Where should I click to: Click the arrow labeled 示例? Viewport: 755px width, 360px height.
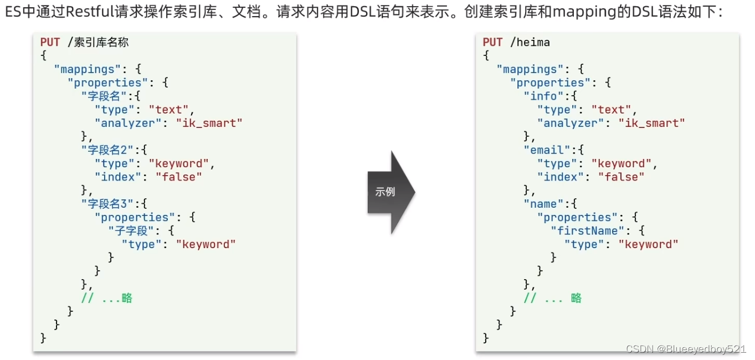click(x=391, y=192)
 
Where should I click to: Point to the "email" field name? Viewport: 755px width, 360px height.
click(x=546, y=150)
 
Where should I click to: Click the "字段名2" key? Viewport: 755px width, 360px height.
click(x=107, y=150)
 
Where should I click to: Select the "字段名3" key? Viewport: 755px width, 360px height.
click(x=107, y=204)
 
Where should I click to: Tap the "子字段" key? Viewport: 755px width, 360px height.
click(x=131, y=231)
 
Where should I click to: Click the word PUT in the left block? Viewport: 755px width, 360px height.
click(x=50, y=42)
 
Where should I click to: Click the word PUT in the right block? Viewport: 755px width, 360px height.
click(x=492, y=42)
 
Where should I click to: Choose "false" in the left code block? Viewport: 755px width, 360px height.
click(x=178, y=177)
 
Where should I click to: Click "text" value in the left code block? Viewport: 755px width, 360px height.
click(x=172, y=110)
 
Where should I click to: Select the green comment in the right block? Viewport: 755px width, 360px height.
click(x=553, y=299)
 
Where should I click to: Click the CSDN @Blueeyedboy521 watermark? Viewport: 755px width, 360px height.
click(x=686, y=349)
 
